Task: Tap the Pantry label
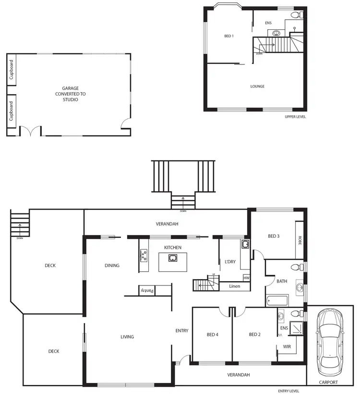click(x=146, y=290)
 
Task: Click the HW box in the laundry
click(x=246, y=278)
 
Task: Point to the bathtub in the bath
click(x=276, y=301)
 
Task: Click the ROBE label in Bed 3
click(x=300, y=241)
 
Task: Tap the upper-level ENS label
click(x=268, y=23)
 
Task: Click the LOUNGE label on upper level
click(x=257, y=86)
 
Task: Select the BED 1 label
click(x=229, y=36)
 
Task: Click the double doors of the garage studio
click(x=30, y=131)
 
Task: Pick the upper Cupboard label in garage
click(x=12, y=70)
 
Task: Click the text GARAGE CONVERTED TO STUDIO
click(x=70, y=94)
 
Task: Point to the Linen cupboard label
click(x=235, y=286)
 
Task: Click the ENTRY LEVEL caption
click(x=288, y=391)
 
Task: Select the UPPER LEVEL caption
click(x=295, y=117)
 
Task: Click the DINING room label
click(x=112, y=265)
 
